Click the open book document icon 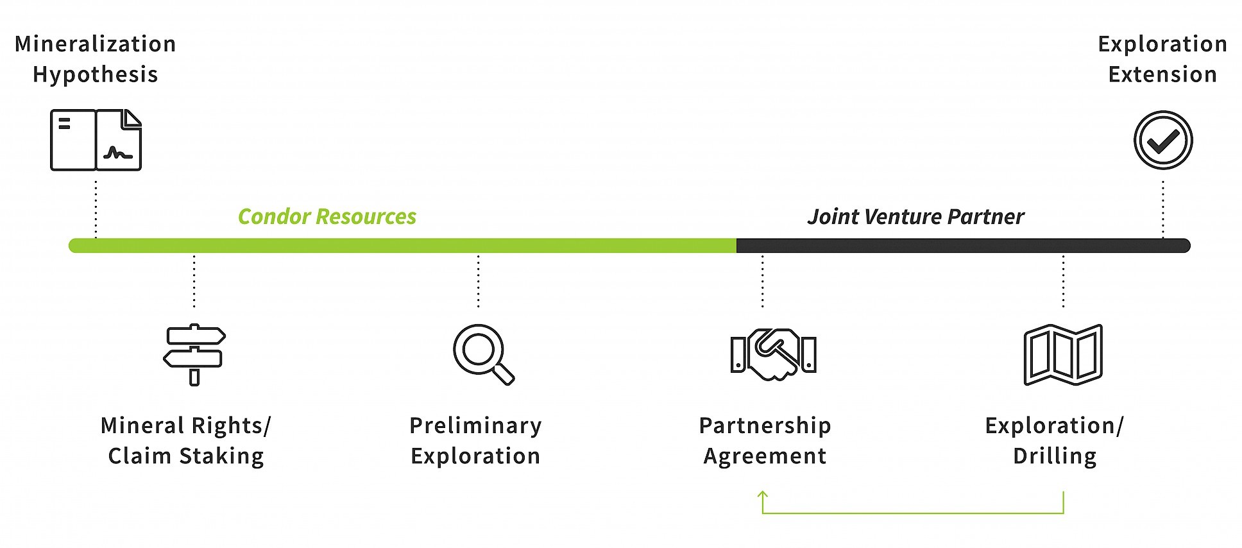click(96, 140)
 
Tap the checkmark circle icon click(1162, 140)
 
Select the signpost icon click(194, 354)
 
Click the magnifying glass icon click(483, 354)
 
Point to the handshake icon click(773, 354)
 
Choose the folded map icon click(1063, 354)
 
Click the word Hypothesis click(96, 75)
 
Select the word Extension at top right click(1162, 74)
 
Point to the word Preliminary click(475, 425)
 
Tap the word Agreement click(765, 456)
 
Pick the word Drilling click(1055, 456)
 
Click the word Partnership click(765, 425)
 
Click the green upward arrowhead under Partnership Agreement click(762, 495)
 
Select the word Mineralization click(96, 44)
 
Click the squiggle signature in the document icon click(117, 153)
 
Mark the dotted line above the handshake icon click(762, 280)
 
